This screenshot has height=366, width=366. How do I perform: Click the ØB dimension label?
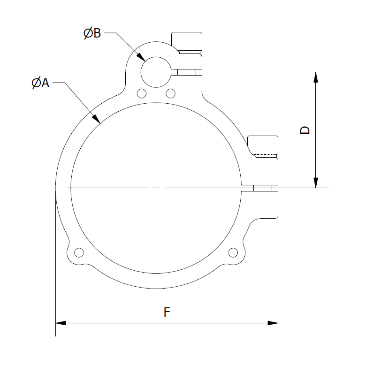(92, 33)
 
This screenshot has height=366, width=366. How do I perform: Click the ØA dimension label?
(40, 83)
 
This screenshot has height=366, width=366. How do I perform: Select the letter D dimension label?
(305, 130)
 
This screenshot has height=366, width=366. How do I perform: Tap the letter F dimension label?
(167, 312)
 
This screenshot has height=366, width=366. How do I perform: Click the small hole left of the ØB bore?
(142, 93)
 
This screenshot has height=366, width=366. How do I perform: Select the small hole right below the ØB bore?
(171, 93)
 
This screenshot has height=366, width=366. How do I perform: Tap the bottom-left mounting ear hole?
(79, 252)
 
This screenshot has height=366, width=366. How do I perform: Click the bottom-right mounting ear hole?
(233, 252)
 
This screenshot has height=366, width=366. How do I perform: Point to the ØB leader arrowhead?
(141, 57)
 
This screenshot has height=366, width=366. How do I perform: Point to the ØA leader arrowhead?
(96, 119)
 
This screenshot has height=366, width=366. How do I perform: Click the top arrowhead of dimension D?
(316, 77)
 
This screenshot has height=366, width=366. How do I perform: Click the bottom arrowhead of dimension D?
(316, 183)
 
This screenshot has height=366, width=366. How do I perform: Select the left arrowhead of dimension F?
(61, 323)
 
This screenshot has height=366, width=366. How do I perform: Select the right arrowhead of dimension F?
(273, 323)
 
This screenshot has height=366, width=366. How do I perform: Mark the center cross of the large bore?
(156, 188)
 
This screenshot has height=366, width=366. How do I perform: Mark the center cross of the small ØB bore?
(156, 72)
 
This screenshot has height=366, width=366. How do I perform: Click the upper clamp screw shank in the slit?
(187, 72)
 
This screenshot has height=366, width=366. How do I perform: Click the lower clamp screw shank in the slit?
(263, 188)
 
